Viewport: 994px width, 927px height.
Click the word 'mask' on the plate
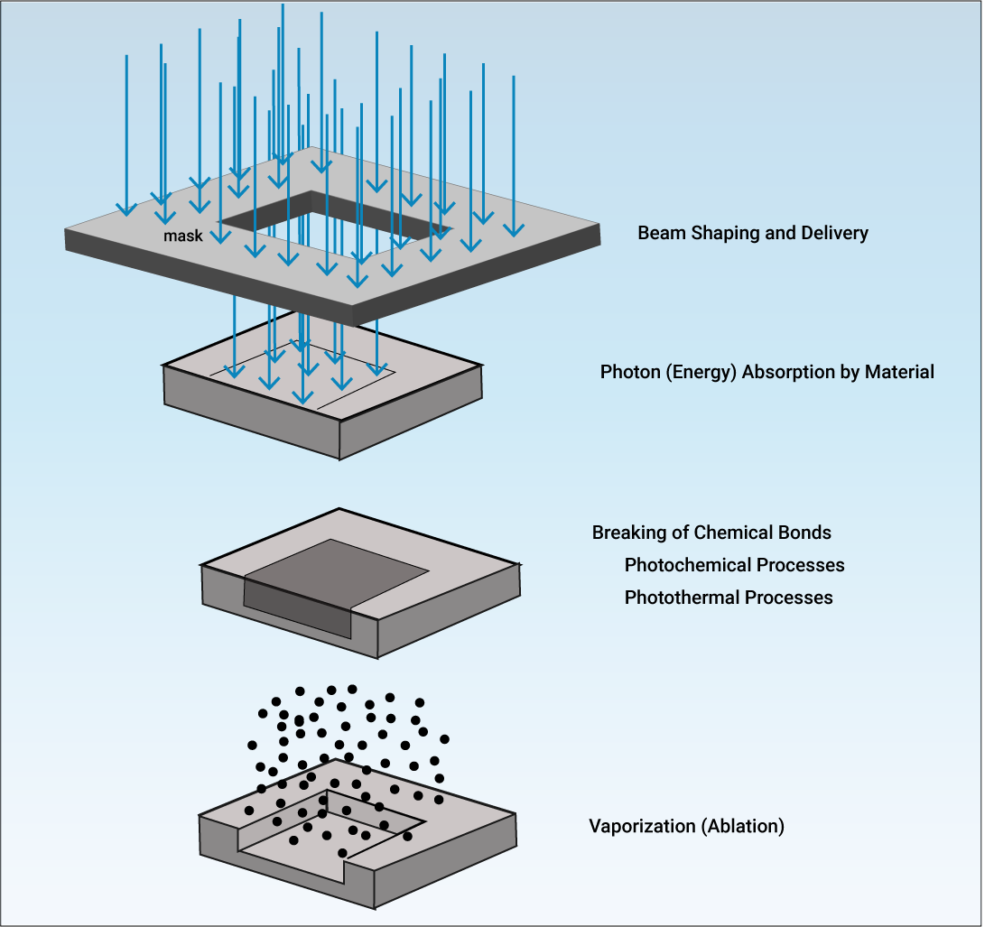182,236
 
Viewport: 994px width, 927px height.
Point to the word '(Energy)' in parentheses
701,372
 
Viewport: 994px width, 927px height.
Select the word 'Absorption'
789,372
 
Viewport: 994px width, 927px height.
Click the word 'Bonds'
806,533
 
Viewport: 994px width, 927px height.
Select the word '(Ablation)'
742,826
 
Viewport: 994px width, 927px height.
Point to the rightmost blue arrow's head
513,227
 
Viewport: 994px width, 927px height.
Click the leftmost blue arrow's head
126,207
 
